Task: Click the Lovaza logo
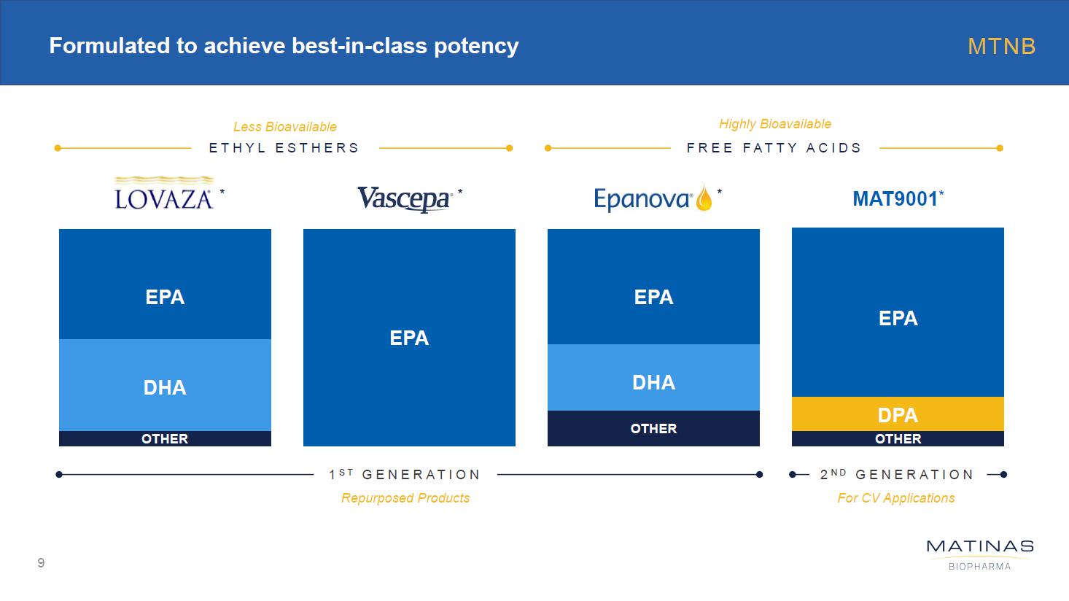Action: pos(164,194)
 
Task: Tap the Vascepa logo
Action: pos(403,198)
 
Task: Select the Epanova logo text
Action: pos(642,198)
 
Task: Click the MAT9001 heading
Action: pos(897,198)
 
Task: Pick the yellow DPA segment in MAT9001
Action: pos(898,414)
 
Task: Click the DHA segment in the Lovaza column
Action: pos(165,387)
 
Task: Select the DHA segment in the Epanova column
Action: pos(653,381)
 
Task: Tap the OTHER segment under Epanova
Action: pos(653,428)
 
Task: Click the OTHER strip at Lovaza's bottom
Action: pos(165,438)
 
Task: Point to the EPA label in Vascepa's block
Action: pos(409,338)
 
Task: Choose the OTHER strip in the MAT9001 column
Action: pos(898,438)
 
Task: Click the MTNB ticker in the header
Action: pos(1001,47)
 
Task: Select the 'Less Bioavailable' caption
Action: pos(284,127)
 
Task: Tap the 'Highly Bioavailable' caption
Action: pos(774,124)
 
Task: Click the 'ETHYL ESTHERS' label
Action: pos(284,148)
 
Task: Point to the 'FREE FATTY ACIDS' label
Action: pos(774,148)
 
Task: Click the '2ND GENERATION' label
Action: pos(897,475)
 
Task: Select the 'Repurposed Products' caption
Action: pos(405,498)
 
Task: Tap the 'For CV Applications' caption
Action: pos(895,498)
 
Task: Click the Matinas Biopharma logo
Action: pos(979,554)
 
